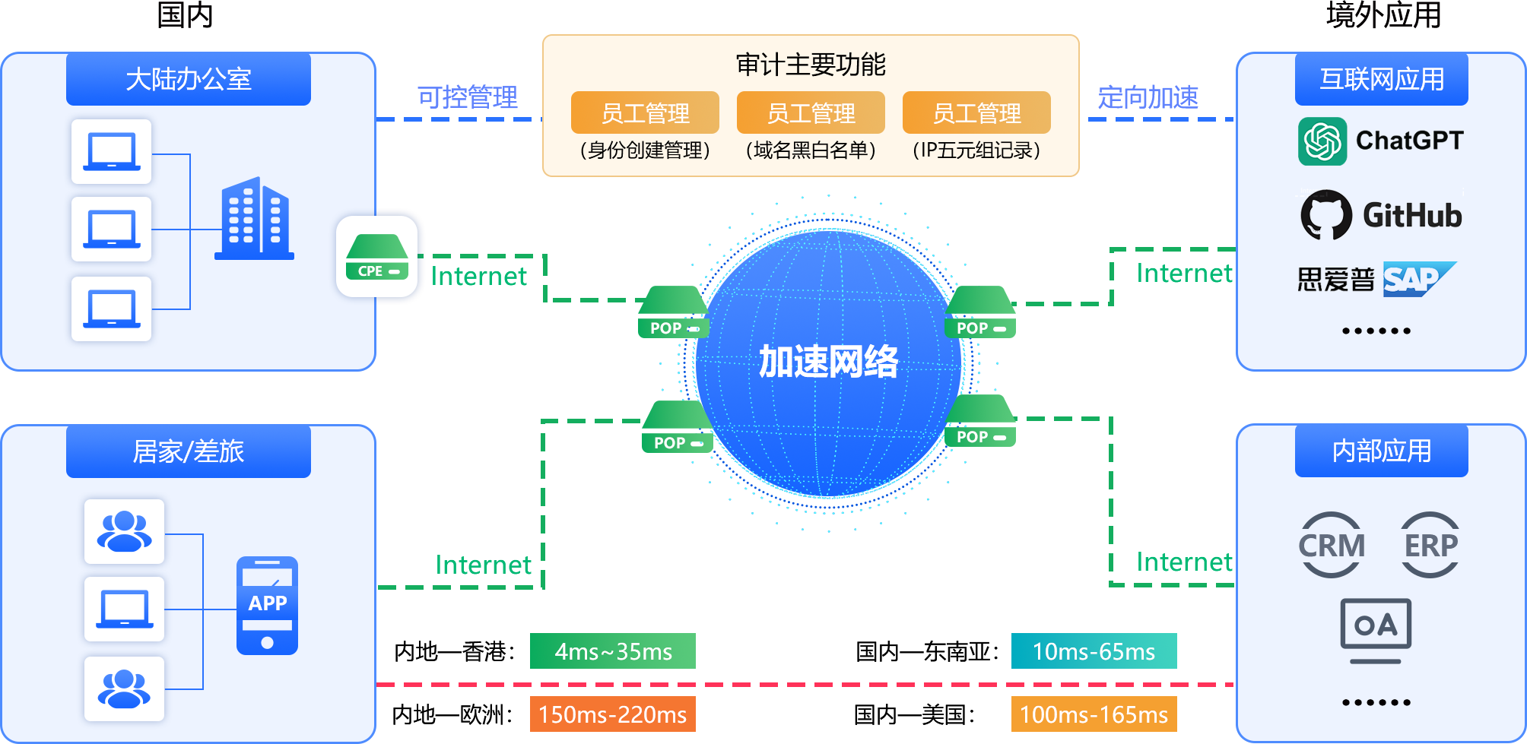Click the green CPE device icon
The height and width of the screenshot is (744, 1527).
(x=377, y=257)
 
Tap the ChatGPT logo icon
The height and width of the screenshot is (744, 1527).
(x=1322, y=141)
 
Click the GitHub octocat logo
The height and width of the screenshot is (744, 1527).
(x=1326, y=215)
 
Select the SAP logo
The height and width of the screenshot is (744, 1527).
(x=1417, y=280)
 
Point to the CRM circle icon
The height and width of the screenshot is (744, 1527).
(x=1332, y=545)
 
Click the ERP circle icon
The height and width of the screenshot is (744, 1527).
(x=1430, y=545)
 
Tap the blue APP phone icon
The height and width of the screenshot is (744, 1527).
(x=267, y=606)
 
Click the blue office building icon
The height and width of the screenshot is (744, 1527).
(x=254, y=219)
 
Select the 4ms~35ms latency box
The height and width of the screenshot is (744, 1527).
(x=612, y=651)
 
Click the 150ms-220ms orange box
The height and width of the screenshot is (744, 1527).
(x=612, y=714)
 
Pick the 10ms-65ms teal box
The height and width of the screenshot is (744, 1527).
(x=1094, y=651)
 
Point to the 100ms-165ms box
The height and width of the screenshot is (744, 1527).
(x=1094, y=714)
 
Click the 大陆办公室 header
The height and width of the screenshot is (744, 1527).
(x=189, y=79)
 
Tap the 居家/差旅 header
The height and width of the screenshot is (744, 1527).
(x=189, y=451)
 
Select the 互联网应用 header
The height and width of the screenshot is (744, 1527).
(x=1381, y=79)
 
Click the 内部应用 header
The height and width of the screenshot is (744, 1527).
(x=1381, y=451)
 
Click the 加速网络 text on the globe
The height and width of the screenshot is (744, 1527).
(x=828, y=362)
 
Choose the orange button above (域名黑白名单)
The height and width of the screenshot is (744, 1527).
(x=811, y=113)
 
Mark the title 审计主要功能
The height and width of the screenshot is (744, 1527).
(x=811, y=65)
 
